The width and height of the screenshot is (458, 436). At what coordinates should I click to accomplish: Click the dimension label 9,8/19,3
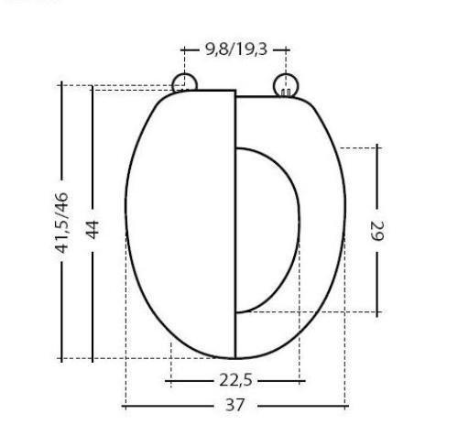click(235, 49)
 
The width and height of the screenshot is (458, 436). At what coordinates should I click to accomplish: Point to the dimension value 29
click(376, 229)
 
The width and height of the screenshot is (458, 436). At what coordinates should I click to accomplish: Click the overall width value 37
click(235, 404)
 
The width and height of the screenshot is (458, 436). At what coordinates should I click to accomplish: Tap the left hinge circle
click(184, 82)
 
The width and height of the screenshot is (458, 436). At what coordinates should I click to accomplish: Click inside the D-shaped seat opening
click(266, 229)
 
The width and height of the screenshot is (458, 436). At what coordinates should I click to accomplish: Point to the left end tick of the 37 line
click(125, 404)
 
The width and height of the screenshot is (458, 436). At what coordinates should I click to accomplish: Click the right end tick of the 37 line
click(346, 404)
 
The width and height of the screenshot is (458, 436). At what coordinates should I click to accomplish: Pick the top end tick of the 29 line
click(376, 147)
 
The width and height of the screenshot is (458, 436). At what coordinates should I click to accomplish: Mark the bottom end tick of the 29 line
click(376, 312)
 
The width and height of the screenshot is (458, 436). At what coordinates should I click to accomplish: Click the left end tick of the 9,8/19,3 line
click(184, 49)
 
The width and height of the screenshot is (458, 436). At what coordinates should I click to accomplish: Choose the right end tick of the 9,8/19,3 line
click(287, 49)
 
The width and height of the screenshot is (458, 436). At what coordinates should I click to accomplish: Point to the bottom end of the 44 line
click(92, 358)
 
